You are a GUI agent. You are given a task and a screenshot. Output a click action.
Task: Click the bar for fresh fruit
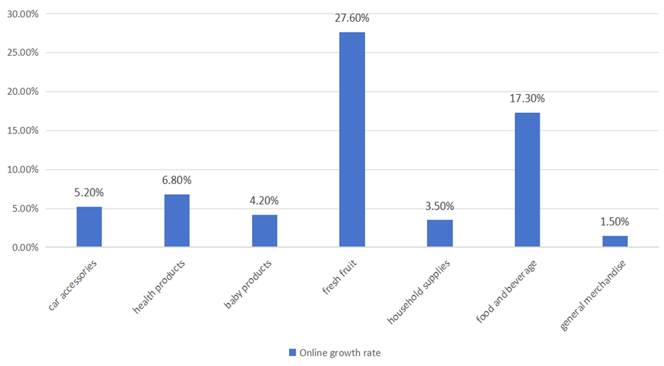coord(352,140)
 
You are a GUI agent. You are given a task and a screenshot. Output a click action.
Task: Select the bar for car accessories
coord(89,227)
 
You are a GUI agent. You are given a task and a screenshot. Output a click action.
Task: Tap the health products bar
coord(177,221)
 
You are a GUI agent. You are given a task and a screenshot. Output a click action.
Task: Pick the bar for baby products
coord(264,231)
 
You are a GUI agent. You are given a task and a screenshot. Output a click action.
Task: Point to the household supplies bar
coord(440,233)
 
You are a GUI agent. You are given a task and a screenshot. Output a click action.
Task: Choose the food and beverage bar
coord(527,180)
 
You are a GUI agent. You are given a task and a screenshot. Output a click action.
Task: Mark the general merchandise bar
coord(615,241)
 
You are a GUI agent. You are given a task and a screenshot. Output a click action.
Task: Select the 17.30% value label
coord(527,99)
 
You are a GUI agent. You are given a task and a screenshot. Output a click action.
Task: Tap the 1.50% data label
coord(615,222)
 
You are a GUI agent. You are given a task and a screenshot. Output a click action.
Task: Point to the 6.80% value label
coord(177,180)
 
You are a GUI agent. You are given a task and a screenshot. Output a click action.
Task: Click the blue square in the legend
coord(293,352)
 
